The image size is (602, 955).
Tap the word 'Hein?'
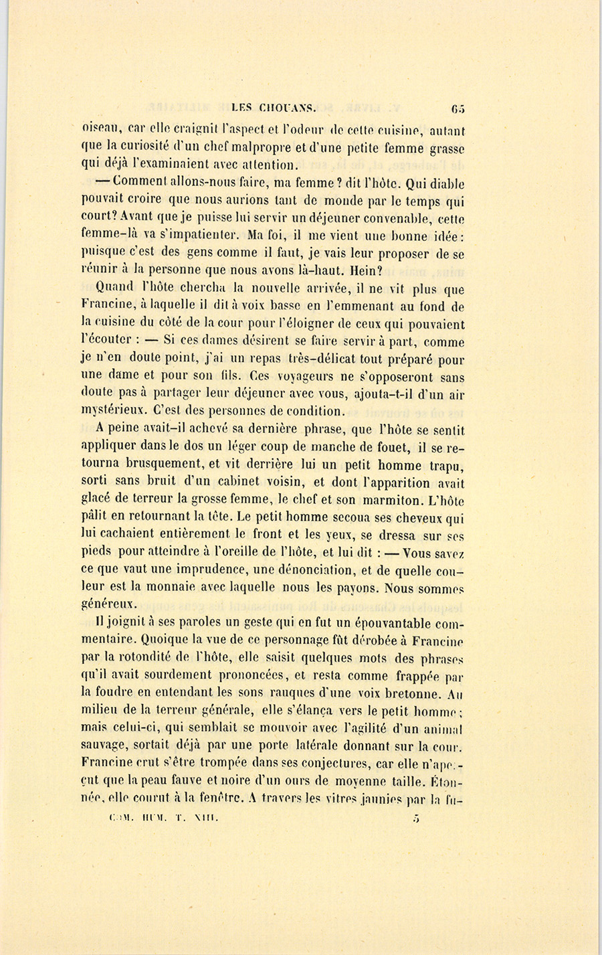click(x=364, y=270)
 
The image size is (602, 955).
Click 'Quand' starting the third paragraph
click(x=114, y=288)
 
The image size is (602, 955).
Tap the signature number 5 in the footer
click(x=416, y=817)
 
